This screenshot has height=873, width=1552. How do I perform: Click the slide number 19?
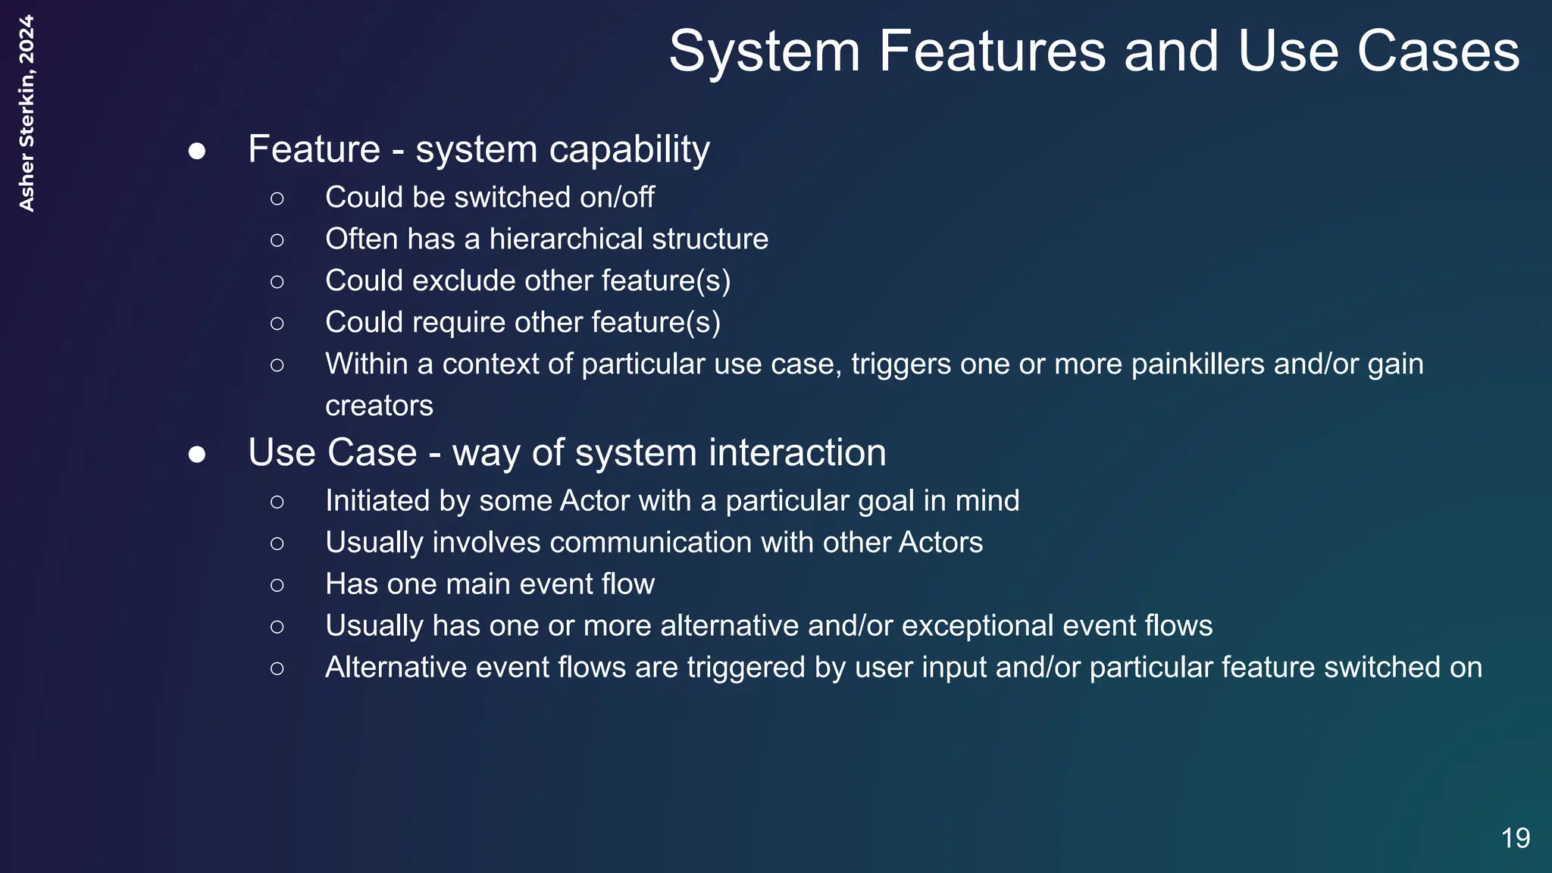click(1516, 838)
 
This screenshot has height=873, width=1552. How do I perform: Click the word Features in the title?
click(992, 52)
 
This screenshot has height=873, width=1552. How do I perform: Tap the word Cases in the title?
click(1438, 52)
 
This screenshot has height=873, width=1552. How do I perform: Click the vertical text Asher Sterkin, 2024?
click(27, 114)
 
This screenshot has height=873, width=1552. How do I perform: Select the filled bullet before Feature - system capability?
click(197, 151)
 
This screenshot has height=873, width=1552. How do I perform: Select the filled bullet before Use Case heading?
click(197, 454)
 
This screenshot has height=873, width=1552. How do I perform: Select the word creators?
click(379, 406)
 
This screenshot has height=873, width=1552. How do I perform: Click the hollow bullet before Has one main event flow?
click(277, 585)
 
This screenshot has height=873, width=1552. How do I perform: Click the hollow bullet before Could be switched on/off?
click(277, 199)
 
